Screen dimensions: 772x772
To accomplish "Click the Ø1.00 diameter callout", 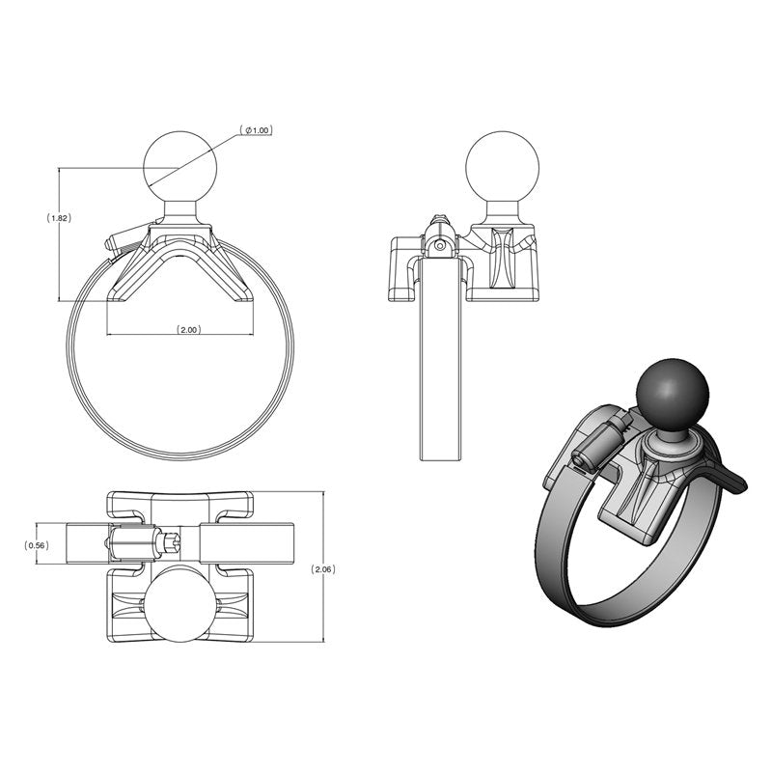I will pyautogui.click(x=256, y=130).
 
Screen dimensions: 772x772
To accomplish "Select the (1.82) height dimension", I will pyautogui.click(x=59, y=218).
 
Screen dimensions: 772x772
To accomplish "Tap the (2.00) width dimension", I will pyautogui.click(x=188, y=330).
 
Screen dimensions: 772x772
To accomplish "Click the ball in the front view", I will pyautogui.click(x=179, y=163).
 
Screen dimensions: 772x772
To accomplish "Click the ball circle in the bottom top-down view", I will pyautogui.click(x=179, y=605).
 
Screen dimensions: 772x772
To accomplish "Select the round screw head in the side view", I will pyautogui.click(x=440, y=246).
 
